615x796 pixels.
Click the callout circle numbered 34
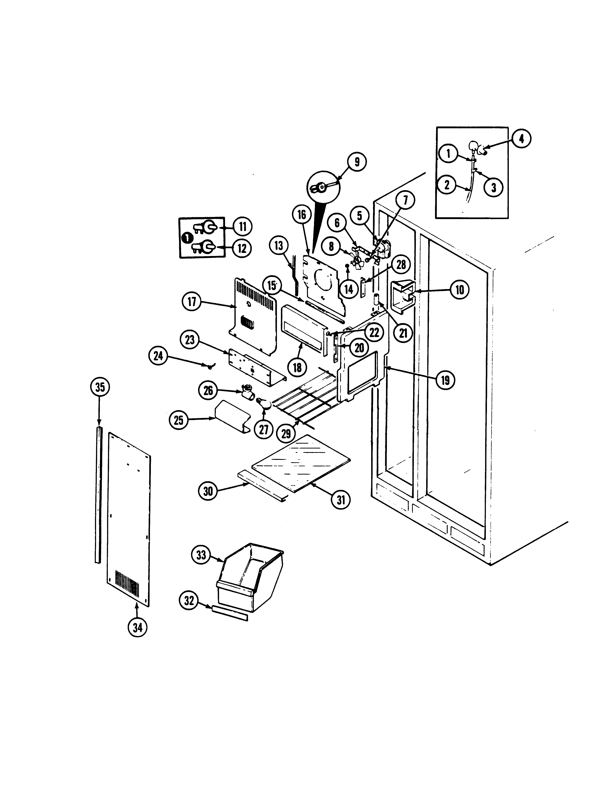(138, 627)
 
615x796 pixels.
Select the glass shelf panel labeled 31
(301, 463)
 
